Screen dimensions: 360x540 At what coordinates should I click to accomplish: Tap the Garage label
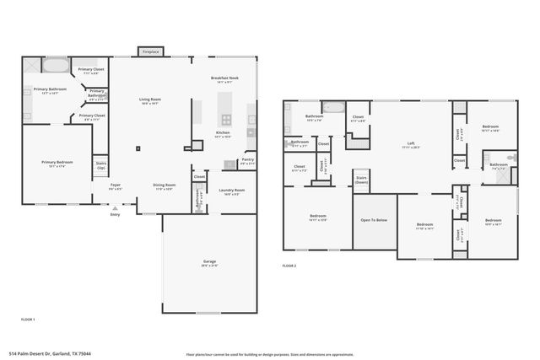(209, 263)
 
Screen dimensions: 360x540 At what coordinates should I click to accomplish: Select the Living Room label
(150, 100)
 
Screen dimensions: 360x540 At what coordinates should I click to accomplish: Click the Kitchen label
(223, 134)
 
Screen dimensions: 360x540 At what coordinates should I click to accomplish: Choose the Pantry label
(247, 160)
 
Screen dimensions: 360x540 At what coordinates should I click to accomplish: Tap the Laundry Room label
(232, 191)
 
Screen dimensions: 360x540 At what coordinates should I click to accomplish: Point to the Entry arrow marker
(115, 207)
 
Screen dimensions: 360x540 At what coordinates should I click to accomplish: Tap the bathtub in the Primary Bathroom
(57, 66)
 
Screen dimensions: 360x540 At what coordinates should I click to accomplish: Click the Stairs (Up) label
(101, 165)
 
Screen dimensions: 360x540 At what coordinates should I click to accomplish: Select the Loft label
(411, 145)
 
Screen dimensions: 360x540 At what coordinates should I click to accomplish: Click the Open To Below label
(374, 221)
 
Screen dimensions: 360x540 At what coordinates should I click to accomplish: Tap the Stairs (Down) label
(361, 180)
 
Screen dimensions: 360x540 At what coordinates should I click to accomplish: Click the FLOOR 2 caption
(289, 266)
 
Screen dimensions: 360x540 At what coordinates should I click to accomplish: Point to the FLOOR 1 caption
(28, 320)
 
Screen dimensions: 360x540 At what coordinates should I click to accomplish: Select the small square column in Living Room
(138, 150)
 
